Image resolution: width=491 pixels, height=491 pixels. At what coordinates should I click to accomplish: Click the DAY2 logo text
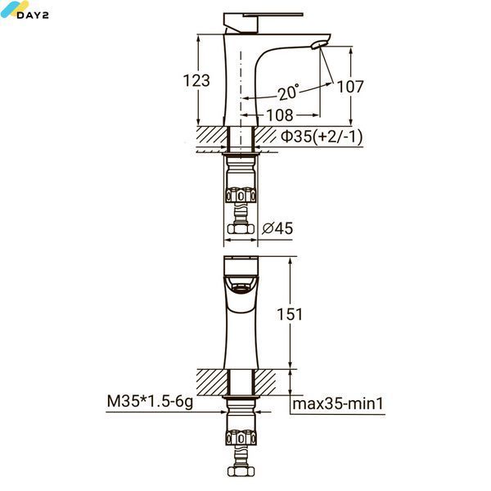[33, 15]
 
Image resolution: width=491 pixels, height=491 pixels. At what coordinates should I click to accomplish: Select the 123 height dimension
[196, 80]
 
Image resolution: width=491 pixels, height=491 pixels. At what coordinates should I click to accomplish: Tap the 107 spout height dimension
[350, 87]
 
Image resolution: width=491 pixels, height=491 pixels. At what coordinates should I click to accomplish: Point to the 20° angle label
[289, 92]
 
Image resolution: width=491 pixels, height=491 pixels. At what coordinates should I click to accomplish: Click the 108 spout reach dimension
[280, 115]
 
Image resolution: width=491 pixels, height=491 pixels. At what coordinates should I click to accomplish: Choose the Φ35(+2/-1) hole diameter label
[322, 137]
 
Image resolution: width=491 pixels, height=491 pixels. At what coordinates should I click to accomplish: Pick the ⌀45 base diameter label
[277, 228]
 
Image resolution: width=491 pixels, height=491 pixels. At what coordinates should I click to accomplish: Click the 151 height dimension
[290, 314]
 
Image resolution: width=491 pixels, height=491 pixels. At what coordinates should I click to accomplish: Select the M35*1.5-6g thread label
[150, 402]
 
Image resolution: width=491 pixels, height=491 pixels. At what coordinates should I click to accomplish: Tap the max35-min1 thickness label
[338, 403]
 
